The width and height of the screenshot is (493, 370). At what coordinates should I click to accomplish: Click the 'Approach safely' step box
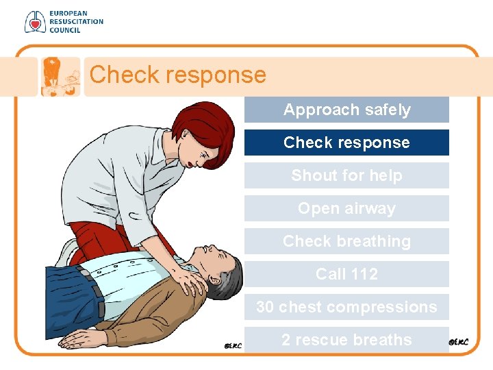pos(346,110)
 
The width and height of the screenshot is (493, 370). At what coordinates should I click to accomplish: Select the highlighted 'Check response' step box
pos(346,143)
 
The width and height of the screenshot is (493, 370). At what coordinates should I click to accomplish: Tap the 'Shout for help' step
pos(346,175)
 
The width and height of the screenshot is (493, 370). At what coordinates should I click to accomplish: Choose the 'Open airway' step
pos(346,208)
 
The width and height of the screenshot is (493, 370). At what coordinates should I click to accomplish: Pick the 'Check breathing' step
pos(346,241)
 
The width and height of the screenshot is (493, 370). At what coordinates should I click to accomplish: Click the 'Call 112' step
pos(346,274)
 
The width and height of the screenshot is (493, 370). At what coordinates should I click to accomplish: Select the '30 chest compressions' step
pos(346,307)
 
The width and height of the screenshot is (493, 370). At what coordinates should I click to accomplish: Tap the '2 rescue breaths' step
pos(346,340)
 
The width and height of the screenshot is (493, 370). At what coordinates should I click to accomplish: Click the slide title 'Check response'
pos(177,74)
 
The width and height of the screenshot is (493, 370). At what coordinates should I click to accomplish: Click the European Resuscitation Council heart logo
pos(34,22)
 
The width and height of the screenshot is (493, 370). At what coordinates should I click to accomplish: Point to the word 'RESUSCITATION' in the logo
pos(75,22)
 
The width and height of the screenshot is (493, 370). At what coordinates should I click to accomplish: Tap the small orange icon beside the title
pos(60,76)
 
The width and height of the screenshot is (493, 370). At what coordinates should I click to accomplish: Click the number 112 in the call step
pos(364,274)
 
